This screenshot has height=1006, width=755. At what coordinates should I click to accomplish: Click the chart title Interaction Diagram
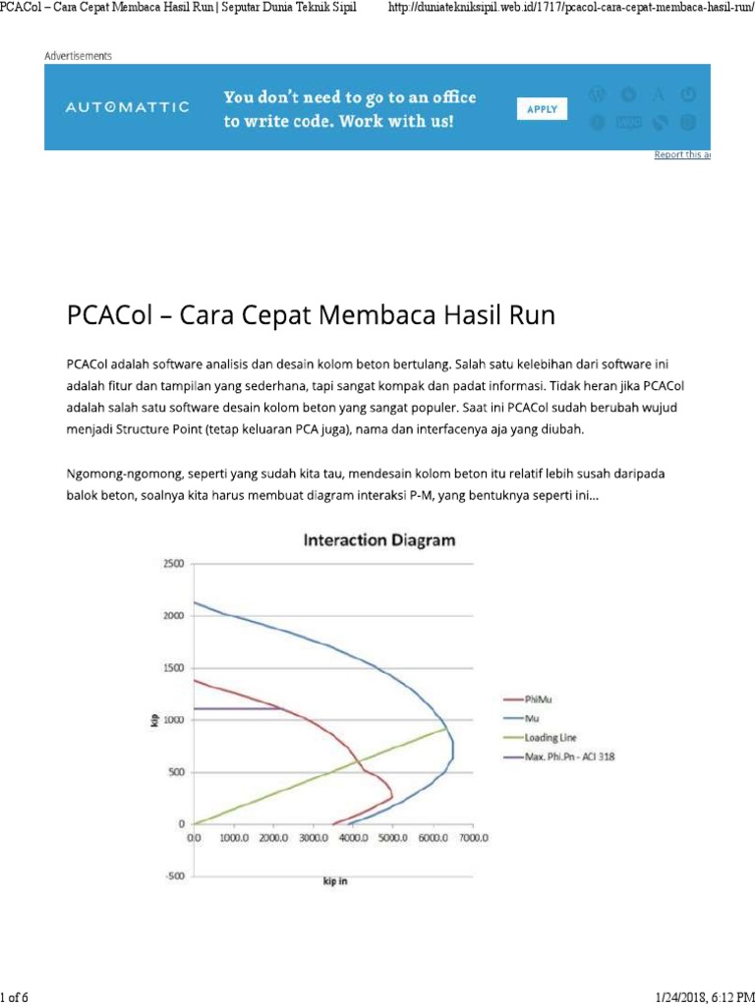pyautogui.click(x=379, y=540)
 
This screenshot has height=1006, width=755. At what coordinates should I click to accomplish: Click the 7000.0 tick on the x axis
pyautogui.click(x=473, y=838)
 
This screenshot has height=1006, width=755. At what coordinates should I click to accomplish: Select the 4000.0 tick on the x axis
pyautogui.click(x=353, y=838)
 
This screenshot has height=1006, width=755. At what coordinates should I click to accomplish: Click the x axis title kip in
pyautogui.click(x=335, y=881)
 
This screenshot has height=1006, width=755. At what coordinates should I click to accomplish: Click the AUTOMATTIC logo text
pyautogui.click(x=128, y=107)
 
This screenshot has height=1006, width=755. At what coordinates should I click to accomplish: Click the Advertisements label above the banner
pyautogui.click(x=78, y=56)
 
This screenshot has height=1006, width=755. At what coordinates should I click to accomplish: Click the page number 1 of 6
pyautogui.click(x=16, y=997)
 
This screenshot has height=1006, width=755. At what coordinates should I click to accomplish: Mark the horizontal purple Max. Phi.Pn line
pyautogui.click(x=236, y=708)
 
